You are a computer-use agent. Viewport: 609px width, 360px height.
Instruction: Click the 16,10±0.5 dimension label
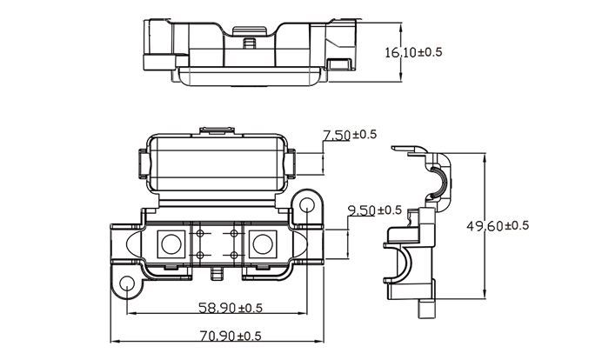[x=413, y=52]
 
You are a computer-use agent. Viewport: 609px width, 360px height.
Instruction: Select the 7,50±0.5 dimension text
[x=350, y=135]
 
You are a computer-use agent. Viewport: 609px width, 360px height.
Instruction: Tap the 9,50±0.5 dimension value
[x=374, y=210]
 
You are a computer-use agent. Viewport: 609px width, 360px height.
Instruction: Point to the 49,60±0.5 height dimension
[x=498, y=225]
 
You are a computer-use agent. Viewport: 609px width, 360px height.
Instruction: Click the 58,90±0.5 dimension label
[x=231, y=308]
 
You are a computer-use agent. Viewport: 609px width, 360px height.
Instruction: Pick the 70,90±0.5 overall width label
[x=231, y=336]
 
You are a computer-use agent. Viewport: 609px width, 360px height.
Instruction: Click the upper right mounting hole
[x=307, y=203]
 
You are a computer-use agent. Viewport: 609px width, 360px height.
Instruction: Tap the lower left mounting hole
[x=127, y=283]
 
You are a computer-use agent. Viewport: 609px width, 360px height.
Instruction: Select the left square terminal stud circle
[x=171, y=244]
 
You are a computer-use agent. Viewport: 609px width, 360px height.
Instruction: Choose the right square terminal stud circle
[x=263, y=244]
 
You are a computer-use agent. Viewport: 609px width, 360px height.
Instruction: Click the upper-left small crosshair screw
[x=200, y=233]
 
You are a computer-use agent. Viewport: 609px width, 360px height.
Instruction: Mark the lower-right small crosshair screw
[x=234, y=255]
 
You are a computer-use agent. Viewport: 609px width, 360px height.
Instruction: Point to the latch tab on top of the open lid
[x=217, y=130]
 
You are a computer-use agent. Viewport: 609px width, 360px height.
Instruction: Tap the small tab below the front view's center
[x=217, y=273]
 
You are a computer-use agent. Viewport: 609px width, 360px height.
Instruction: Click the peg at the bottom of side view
[x=427, y=309]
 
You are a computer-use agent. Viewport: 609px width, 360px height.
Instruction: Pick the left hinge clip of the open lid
[x=142, y=164]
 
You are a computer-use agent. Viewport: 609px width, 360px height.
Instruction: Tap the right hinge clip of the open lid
[x=291, y=164]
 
